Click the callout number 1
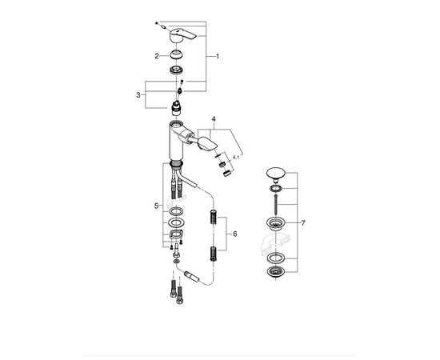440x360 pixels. (218, 57)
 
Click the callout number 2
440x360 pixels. (158, 56)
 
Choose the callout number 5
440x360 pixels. (158, 206)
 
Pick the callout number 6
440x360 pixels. (234, 234)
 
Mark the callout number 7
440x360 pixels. (301, 223)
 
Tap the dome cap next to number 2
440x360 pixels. (175, 55)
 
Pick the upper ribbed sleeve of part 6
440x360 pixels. (212, 218)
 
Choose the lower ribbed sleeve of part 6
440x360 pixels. (212, 254)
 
